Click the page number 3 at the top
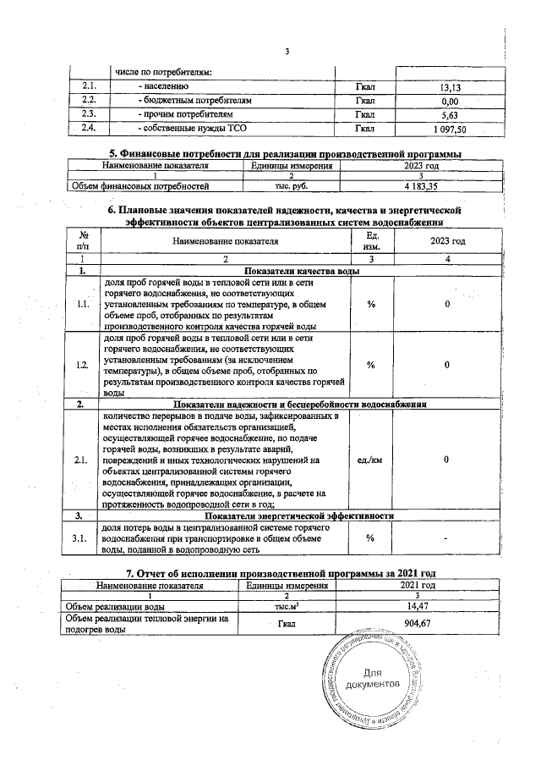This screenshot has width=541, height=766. (x=287, y=52)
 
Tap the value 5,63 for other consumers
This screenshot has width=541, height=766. (x=448, y=115)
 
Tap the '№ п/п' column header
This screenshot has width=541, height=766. (x=84, y=240)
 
